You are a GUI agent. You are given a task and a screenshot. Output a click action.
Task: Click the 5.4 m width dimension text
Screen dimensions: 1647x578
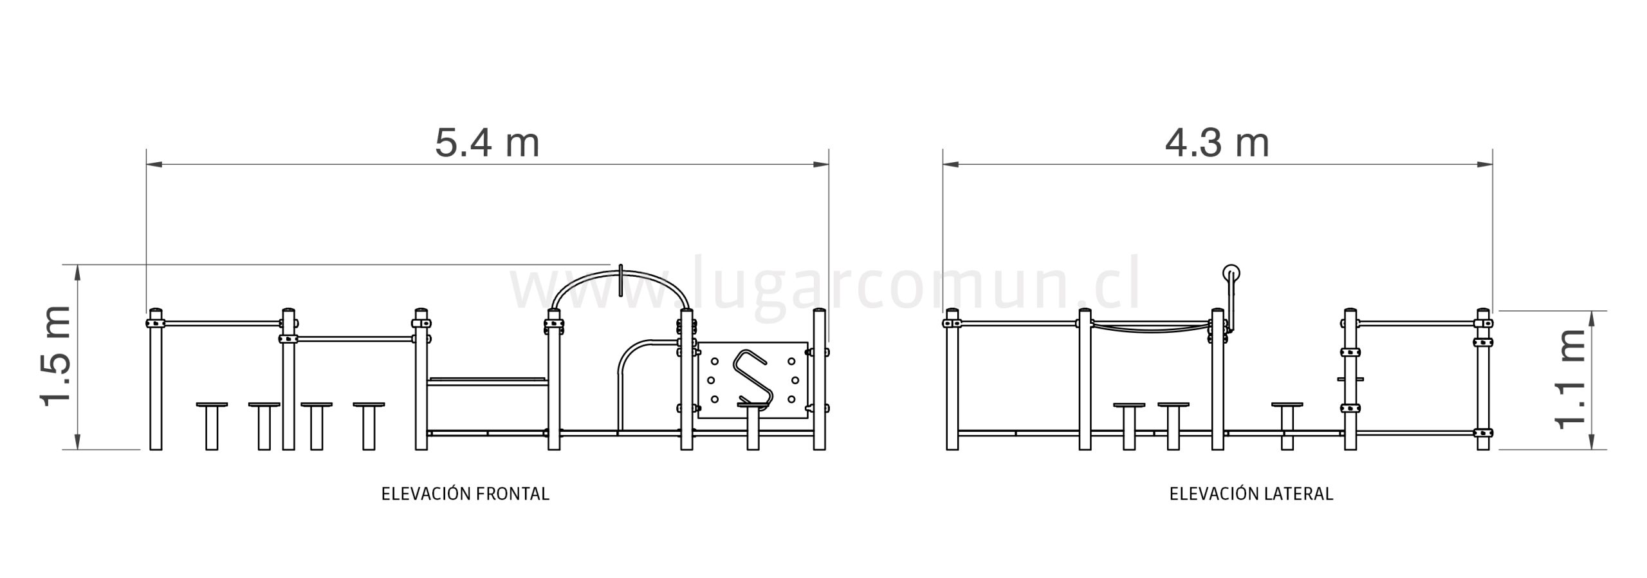click(x=487, y=143)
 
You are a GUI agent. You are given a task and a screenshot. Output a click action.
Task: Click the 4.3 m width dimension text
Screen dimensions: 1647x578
click(x=1217, y=143)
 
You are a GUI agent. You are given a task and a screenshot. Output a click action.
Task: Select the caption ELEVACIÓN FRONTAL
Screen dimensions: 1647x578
click(x=465, y=494)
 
